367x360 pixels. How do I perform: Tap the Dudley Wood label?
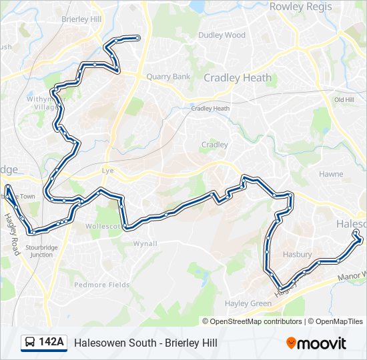pyautogui.click(x=222, y=35)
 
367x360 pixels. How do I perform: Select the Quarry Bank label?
pyautogui.click(x=168, y=77)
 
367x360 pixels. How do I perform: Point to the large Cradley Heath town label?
pyautogui.click(x=238, y=77)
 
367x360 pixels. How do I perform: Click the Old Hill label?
pyautogui.click(x=344, y=100)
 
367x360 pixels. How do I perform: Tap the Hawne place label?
pyautogui.click(x=331, y=174)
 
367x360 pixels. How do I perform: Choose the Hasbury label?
pyautogui.click(x=297, y=255)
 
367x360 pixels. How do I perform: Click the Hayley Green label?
pyautogui.click(x=248, y=303)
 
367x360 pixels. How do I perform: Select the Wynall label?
pyautogui.click(x=145, y=243)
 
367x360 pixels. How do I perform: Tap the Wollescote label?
pyautogui.click(x=103, y=227)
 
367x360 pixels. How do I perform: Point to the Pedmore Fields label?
pyautogui.click(x=102, y=285)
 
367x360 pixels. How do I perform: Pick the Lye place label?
pyautogui.click(x=107, y=171)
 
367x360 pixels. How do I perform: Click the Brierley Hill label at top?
pyautogui.click(x=80, y=19)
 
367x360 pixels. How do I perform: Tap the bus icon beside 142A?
pyautogui.click(x=30, y=343)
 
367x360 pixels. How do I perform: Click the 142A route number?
pyautogui.click(x=51, y=343)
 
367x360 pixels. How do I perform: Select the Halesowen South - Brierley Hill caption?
pyautogui.click(x=145, y=343)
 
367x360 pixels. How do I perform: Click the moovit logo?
pyautogui.click(x=316, y=343)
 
